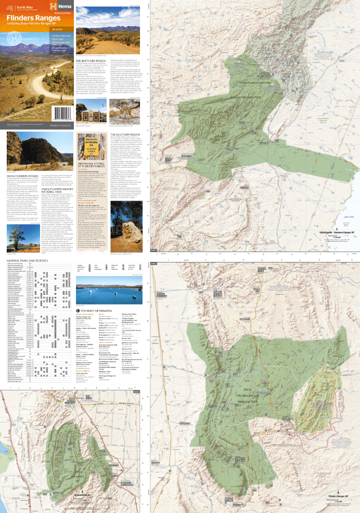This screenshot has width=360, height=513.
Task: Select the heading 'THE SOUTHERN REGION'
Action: [x=127, y=134]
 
